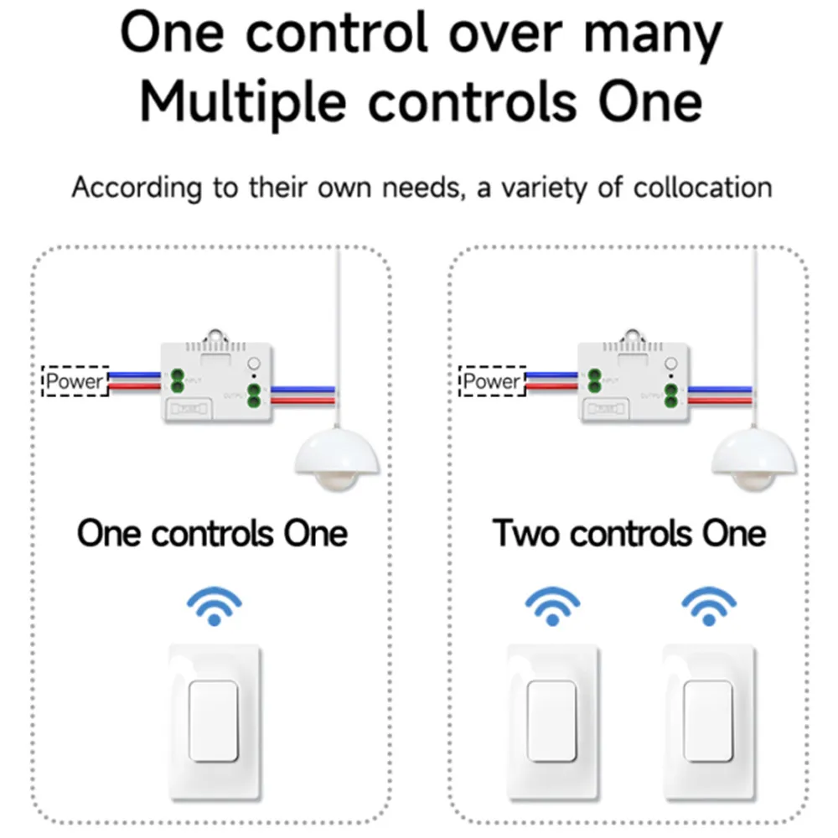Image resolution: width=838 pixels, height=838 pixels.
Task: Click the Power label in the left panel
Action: pos(75,382)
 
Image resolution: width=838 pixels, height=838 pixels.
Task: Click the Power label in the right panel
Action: pos(493,382)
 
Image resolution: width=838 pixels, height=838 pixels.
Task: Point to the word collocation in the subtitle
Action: pos(702,187)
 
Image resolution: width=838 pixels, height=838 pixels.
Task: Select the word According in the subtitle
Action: pos(137,188)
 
